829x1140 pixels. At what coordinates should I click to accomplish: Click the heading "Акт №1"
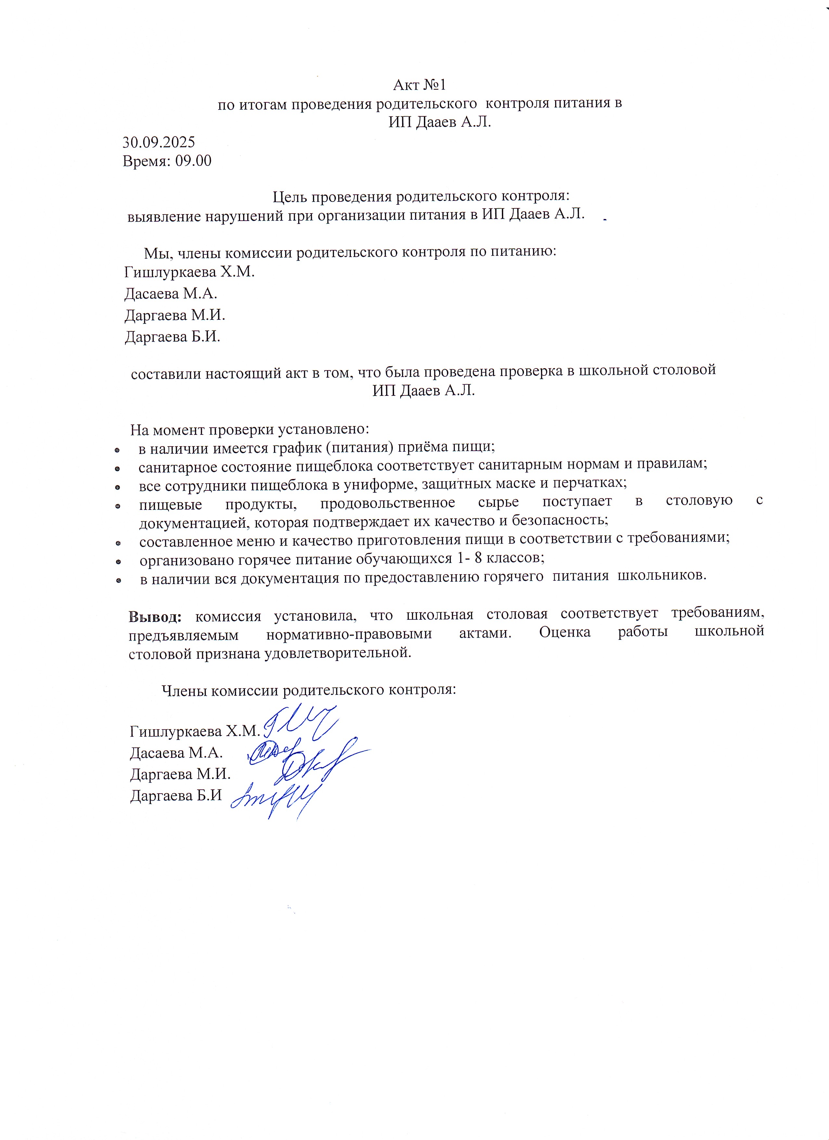click(419, 85)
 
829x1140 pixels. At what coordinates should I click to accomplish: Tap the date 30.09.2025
click(159, 142)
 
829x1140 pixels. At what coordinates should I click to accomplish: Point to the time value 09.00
click(193, 162)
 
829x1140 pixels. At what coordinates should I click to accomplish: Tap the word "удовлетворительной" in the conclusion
click(337, 654)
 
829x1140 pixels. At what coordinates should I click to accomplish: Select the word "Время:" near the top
click(146, 162)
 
